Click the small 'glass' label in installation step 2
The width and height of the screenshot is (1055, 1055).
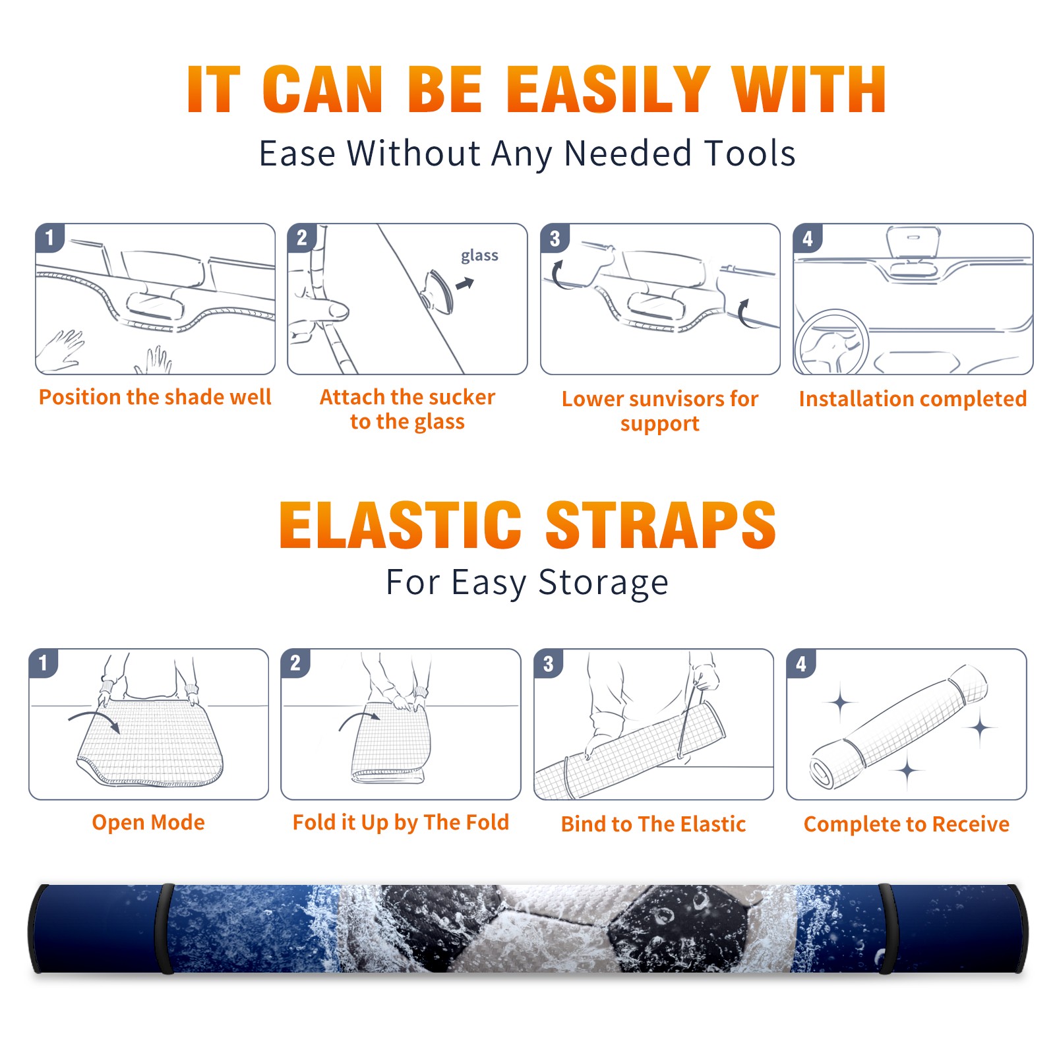click(479, 256)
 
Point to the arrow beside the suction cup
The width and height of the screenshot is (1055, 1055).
click(465, 284)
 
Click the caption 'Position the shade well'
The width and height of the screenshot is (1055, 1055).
click(155, 397)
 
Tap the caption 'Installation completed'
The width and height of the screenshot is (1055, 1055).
click(913, 399)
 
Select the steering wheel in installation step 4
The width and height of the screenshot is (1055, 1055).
click(831, 342)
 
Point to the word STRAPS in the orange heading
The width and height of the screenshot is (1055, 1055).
click(661, 525)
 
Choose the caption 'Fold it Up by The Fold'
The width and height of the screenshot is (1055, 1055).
click(401, 823)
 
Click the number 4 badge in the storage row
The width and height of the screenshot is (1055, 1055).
click(801, 663)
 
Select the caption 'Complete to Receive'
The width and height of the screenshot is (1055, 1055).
click(907, 824)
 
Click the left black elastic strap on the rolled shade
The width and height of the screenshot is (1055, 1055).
click(165, 928)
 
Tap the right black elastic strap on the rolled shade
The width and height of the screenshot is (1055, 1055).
click(886, 928)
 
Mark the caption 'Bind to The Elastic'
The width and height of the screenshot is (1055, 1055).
click(653, 824)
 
